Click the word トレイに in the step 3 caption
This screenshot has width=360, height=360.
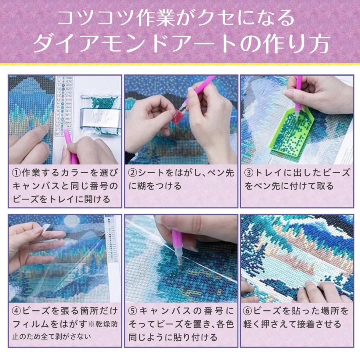(272, 173)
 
